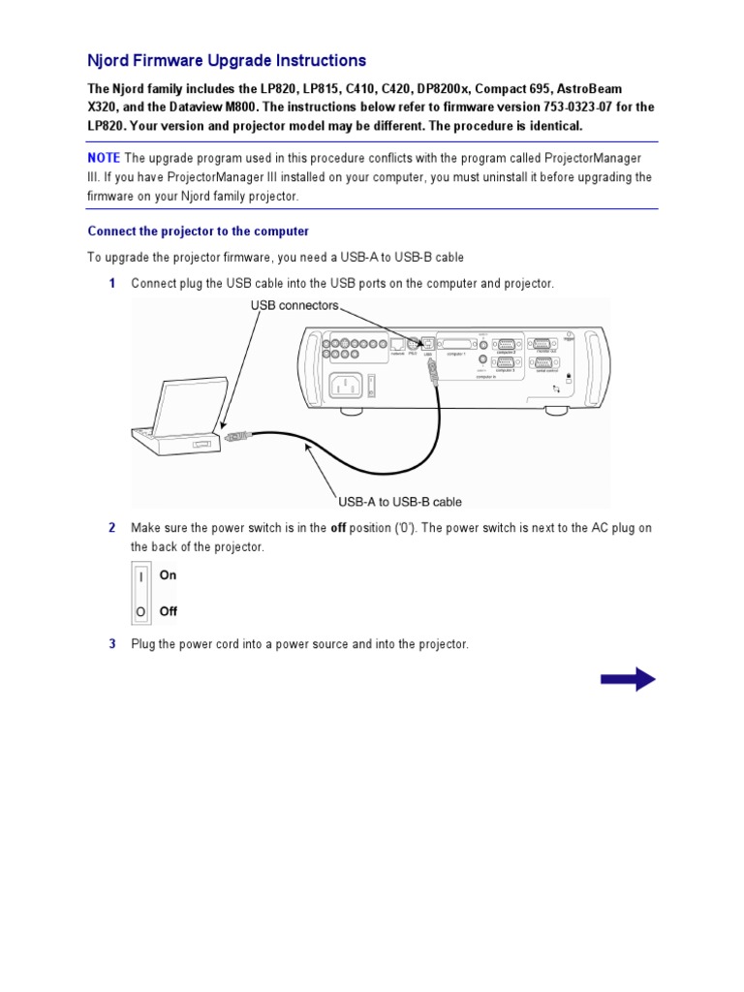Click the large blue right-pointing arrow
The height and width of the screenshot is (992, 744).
(628, 679)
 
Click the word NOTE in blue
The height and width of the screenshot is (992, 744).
(104, 158)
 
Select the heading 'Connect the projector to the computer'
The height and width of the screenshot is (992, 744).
(198, 232)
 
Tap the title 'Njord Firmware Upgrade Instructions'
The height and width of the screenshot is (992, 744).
(227, 61)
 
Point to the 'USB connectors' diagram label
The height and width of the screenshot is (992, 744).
(294, 305)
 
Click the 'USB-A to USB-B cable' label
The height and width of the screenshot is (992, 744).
(399, 502)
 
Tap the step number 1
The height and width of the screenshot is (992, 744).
(112, 284)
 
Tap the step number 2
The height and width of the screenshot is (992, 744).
(112, 528)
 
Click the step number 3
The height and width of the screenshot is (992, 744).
(112, 644)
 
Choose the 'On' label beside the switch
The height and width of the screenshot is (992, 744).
(169, 575)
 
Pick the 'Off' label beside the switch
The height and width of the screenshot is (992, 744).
(169, 611)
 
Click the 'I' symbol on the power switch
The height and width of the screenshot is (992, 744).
(141, 576)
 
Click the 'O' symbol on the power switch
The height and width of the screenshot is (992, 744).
(141, 611)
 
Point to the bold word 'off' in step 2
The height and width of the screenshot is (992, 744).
(338, 528)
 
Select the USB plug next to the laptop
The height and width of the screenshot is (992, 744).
(236, 438)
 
